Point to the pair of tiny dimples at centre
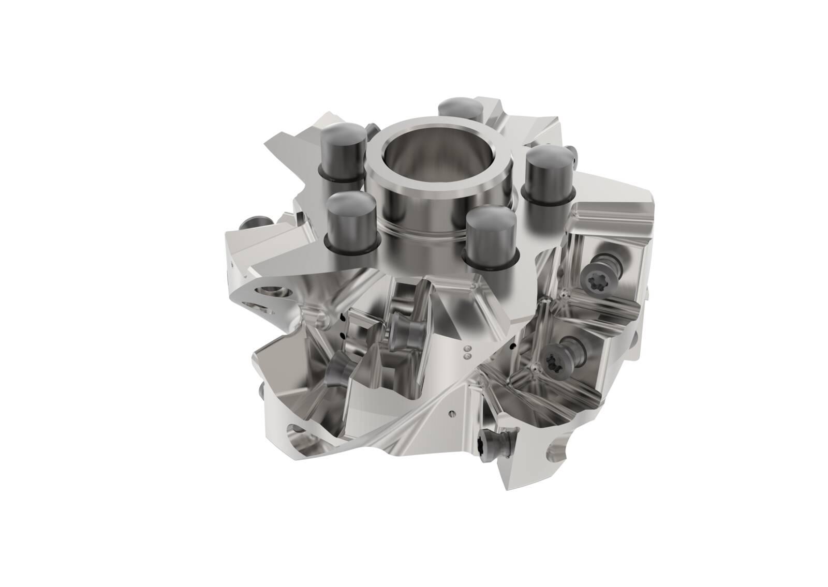pos(467,353)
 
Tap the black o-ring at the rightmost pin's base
pos(549,197)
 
